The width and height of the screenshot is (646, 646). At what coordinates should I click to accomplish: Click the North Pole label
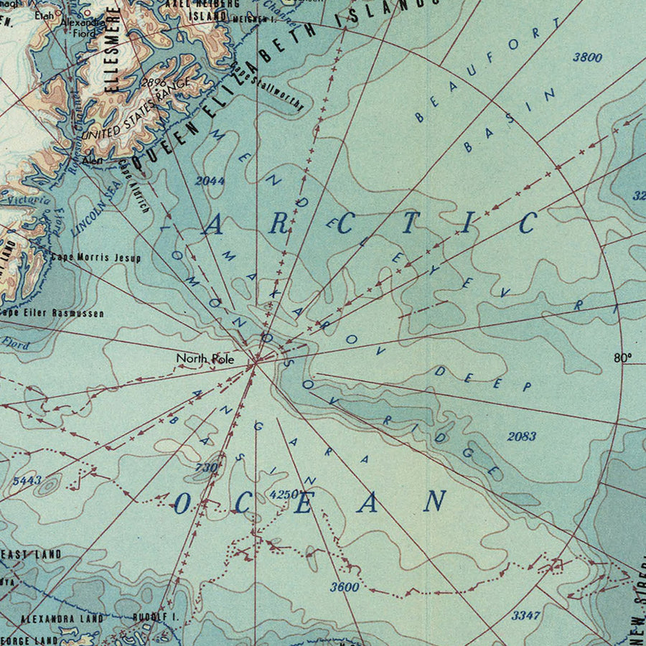pos(205,357)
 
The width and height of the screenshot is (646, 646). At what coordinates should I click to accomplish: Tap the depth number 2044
pos(210,181)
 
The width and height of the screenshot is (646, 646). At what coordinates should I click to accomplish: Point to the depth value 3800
pos(587,57)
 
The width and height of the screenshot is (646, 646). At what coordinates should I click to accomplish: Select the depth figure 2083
pos(522,436)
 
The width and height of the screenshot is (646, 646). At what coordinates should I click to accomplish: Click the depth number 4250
pos(284,494)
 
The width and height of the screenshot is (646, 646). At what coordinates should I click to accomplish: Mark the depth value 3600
pos(345,586)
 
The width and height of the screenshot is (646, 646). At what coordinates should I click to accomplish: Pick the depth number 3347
pos(525,615)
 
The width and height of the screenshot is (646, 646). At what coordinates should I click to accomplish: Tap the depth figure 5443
pos(27,480)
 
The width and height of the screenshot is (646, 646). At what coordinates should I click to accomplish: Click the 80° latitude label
pos(622,357)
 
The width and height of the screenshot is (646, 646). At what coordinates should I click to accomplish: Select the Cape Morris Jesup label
pos(95,257)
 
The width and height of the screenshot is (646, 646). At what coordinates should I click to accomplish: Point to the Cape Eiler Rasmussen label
pos(52,313)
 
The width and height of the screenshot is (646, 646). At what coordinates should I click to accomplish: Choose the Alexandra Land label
pos(62,617)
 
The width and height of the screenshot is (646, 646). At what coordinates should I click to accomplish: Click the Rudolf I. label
pos(155,617)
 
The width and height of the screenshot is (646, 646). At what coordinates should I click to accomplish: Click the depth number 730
pos(205,468)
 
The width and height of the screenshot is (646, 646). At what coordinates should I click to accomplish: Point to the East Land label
pos(32,554)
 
